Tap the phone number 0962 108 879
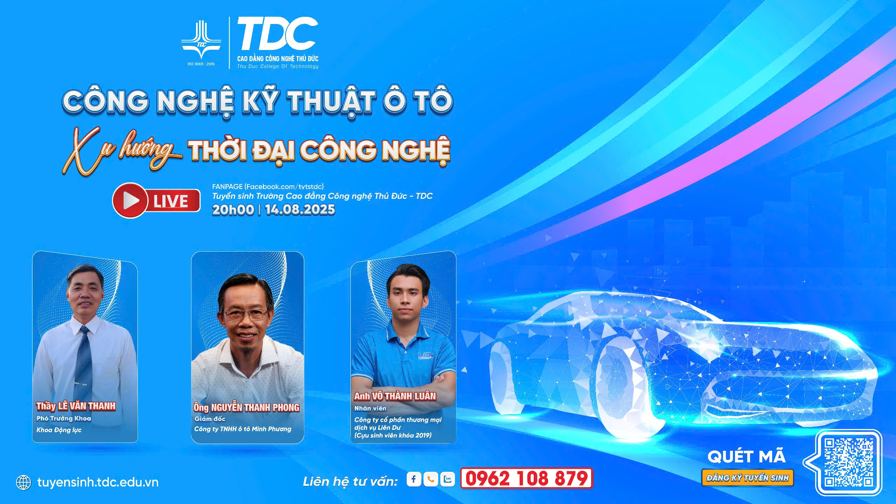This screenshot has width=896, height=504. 526,478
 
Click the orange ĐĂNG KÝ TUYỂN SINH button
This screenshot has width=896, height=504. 748,478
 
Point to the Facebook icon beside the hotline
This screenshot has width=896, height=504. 414,479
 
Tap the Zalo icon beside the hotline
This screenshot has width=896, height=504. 448,479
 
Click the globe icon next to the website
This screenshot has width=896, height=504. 23,483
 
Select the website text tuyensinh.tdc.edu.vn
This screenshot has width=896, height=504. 98,482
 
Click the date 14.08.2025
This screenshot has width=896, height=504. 300,210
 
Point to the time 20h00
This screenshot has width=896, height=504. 233,210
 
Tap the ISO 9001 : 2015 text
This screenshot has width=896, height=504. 201,64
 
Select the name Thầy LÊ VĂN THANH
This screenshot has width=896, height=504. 76,406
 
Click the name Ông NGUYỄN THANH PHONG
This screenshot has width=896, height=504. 246,407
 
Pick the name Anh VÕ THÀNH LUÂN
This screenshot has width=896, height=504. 395,396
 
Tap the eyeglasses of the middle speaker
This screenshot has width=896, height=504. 246,314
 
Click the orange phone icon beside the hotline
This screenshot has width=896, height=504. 430,479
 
